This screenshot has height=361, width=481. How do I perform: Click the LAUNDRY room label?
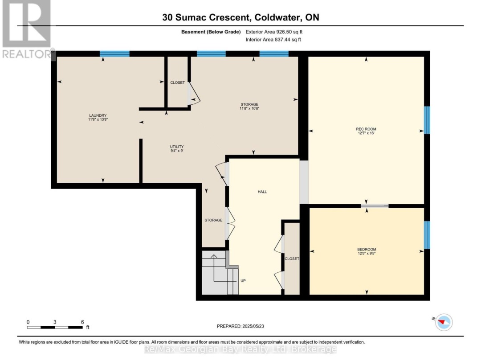point(98,115)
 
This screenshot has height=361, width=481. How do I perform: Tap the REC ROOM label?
point(366,129)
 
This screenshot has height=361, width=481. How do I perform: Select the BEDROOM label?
point(367,249)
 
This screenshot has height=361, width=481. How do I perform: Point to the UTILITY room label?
point(177,147)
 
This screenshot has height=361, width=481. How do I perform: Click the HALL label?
point(262,192)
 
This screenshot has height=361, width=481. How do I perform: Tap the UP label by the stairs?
point(243,281)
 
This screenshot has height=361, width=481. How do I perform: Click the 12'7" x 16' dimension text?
point(366,133)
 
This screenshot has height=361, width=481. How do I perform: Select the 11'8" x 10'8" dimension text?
point(249,108)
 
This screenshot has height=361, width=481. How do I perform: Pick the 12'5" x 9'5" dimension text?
point(367,254)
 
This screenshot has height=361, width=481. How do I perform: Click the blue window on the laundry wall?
point(114,54)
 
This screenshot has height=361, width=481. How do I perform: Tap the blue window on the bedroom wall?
point(427,235)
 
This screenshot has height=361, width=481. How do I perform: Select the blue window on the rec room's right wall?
point(427,120)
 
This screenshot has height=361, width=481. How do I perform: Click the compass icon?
point(444,322)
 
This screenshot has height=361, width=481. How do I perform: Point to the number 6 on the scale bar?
point(82,322)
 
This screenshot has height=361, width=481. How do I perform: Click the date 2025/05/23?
point(253,326)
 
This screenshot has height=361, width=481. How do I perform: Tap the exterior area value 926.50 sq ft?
point(289,32)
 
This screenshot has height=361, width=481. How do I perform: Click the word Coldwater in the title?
point(277,17)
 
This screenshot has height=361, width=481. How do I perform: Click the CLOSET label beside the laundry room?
point(178,82)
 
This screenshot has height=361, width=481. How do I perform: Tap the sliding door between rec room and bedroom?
point(375,205)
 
